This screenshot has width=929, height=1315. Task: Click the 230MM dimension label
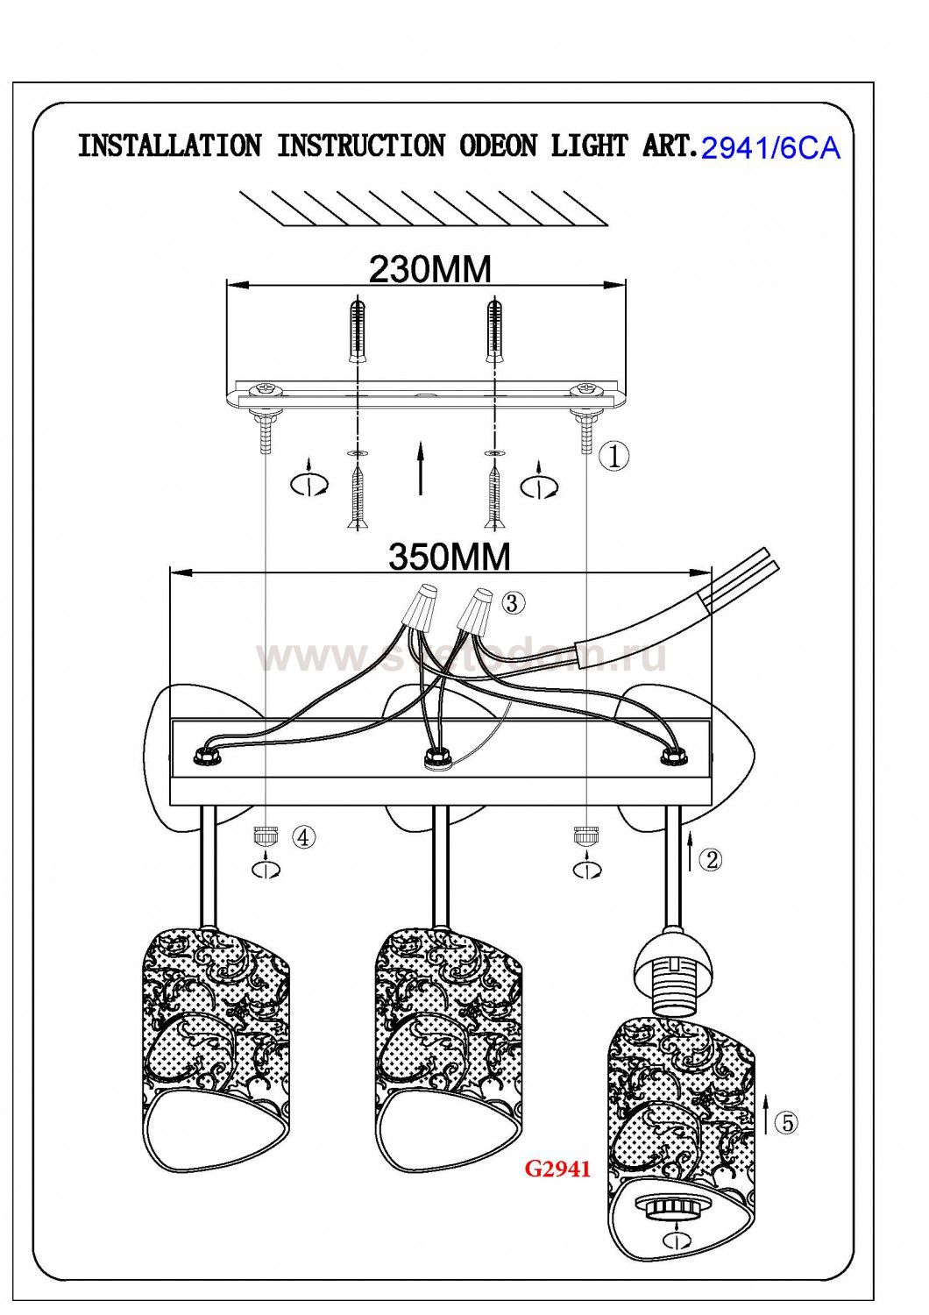click(429, 269)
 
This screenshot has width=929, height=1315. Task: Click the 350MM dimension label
click(449, 556)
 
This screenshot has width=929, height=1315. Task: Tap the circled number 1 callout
click(615, 455)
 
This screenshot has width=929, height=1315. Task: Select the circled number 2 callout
click(711, 859)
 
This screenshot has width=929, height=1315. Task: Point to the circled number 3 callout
click(514, 602)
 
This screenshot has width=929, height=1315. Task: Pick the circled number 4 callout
click(302, 837)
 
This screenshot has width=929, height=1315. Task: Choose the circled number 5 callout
click(786, 1121)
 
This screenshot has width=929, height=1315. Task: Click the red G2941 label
click(557, 1168)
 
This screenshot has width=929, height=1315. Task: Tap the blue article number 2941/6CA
click(771, 149)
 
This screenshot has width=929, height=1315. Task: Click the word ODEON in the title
click(498, 146)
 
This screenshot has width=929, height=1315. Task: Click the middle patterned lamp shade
click(450, 1048)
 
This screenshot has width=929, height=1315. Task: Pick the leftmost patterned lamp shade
click(216, 1048)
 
